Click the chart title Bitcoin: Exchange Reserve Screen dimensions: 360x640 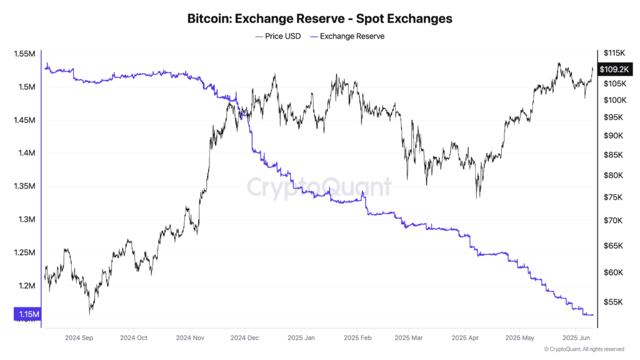click(x=319, y=19)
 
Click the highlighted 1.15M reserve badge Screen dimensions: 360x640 click(x=26, y=314)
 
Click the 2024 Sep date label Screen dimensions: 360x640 click(x=79, y=337)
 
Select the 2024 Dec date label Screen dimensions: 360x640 click(x=244, y=337)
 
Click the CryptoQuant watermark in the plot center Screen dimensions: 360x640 click(x=319, y=187)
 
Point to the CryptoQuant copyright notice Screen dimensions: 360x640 click(x=584, y=349)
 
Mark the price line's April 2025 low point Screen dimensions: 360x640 click(x=478, y=197)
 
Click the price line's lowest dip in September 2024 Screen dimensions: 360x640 click(x=91, y=313)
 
